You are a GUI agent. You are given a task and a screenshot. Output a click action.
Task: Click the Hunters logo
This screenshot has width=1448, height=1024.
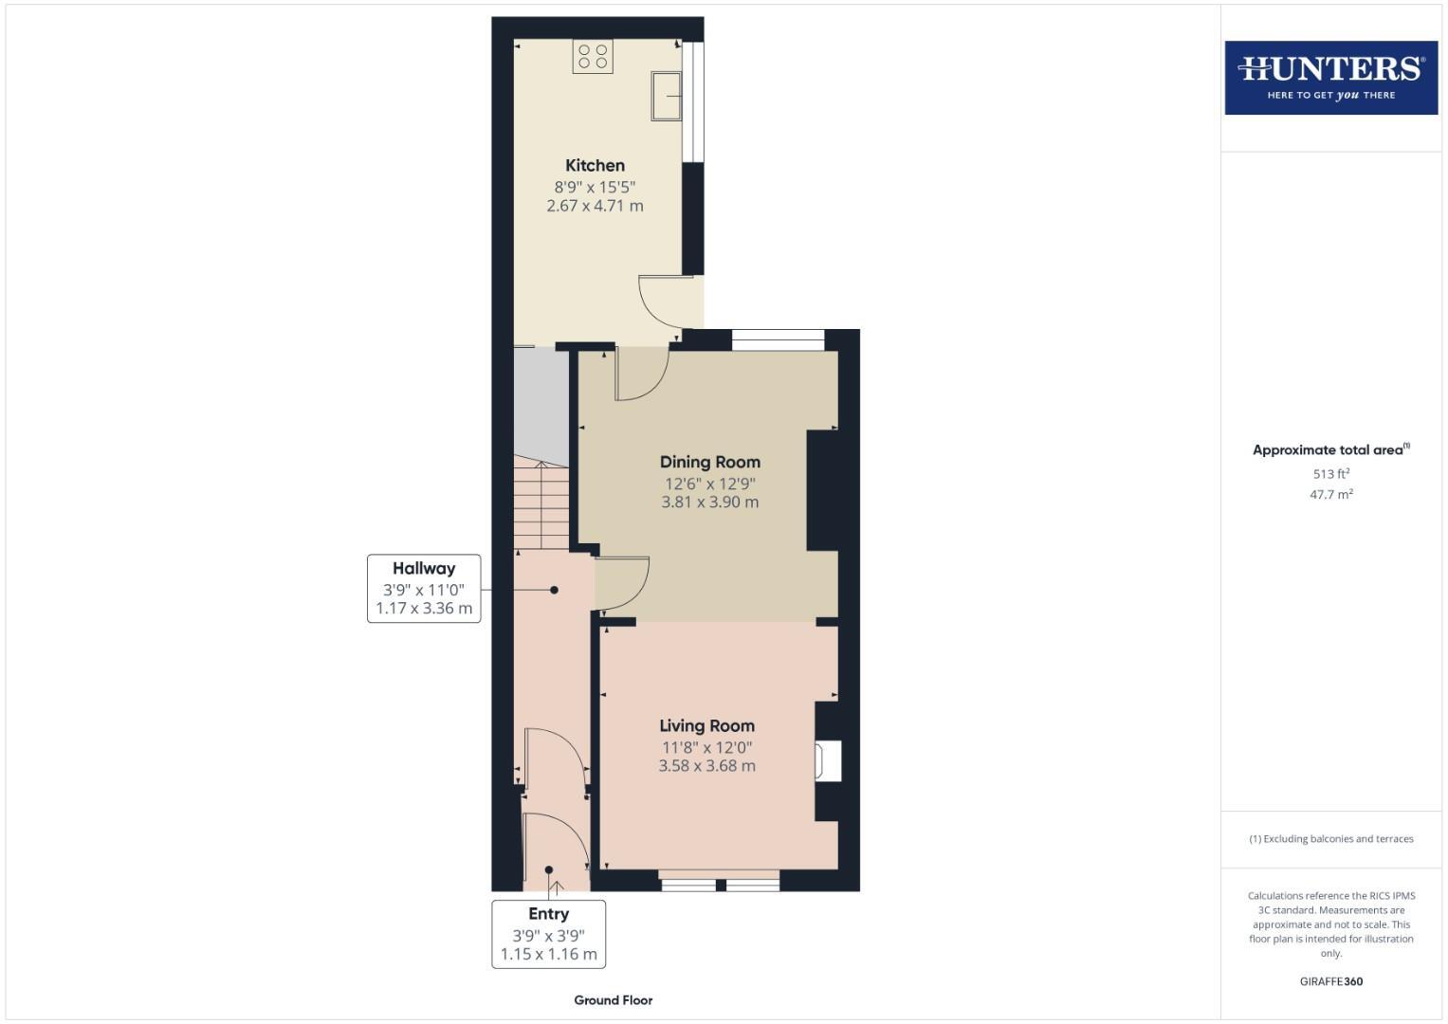point(1330,77)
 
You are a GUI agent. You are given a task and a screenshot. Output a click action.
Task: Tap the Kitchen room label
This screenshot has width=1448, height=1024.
point(595,165)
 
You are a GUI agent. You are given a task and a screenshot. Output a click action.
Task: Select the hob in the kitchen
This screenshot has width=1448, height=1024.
point(593,56)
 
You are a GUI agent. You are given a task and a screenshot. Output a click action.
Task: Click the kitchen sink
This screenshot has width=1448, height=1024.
point(667,96)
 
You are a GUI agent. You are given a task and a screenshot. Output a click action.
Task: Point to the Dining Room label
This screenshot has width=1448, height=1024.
point(709,462)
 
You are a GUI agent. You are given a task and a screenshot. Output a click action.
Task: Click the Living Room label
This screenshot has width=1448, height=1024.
point(706,725)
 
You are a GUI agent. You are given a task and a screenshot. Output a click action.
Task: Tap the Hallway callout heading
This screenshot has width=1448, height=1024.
point(424,568)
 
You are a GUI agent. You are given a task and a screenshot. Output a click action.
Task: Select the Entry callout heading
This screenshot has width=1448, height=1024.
point(548,913)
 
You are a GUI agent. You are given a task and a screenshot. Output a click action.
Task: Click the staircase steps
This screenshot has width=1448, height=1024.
point(541,503)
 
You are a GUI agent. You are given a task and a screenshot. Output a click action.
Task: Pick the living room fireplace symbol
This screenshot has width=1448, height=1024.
point(827,761)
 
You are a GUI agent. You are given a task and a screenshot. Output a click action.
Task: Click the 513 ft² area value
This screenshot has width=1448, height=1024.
point(1330,474)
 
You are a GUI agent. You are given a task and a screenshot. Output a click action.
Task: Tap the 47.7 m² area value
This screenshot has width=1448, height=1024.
point(1330,494)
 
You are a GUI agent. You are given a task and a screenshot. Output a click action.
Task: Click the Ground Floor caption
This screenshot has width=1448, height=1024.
point(613,999)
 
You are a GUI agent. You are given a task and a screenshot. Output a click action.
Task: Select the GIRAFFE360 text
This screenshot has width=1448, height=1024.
point(1330,981)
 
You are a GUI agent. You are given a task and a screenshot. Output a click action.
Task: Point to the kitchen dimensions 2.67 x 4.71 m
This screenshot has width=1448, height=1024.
point(595,206)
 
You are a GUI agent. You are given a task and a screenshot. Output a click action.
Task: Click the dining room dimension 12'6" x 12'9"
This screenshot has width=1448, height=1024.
point(709,484)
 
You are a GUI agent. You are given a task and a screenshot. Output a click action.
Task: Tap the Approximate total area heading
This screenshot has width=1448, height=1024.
point(1330,450)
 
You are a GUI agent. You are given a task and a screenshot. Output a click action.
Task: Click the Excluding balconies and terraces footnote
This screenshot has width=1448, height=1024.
point(1330,839)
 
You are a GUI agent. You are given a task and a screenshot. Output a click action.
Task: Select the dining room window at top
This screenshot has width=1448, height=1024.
point(778,340)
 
